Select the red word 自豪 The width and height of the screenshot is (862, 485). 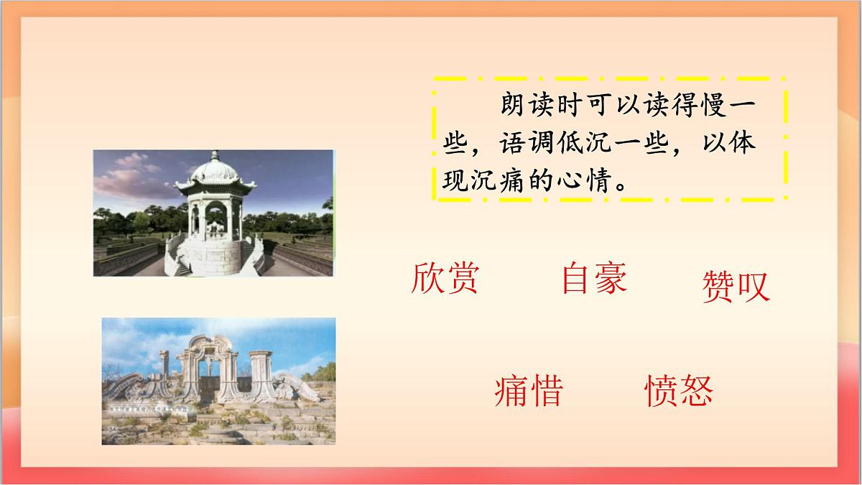[x=594, y=278]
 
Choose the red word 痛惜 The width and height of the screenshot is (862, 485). [x=529, y=391]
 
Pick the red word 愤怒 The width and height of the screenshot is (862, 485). [x=679, y=391]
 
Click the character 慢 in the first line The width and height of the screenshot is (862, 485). [x=715, y=107]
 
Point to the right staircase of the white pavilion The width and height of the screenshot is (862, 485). [x=252, y=256]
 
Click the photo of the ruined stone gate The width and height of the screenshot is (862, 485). [x=218, y=381]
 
